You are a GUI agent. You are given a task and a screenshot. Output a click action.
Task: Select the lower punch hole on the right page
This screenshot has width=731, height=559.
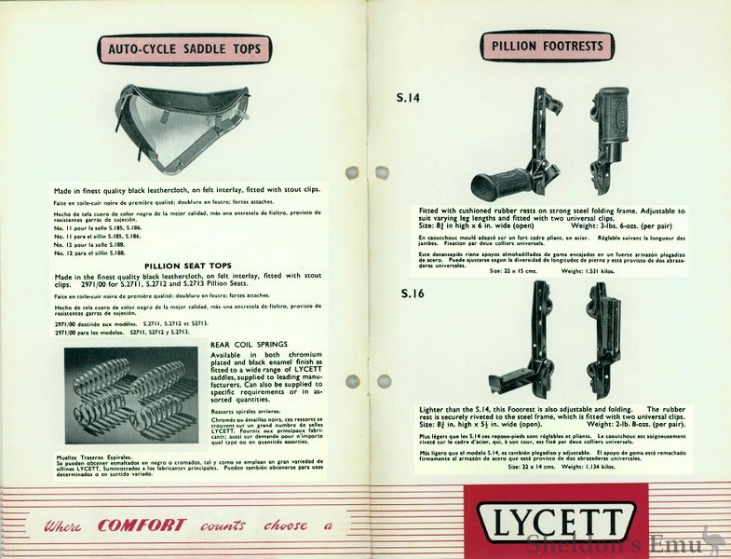tap(381, 381)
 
